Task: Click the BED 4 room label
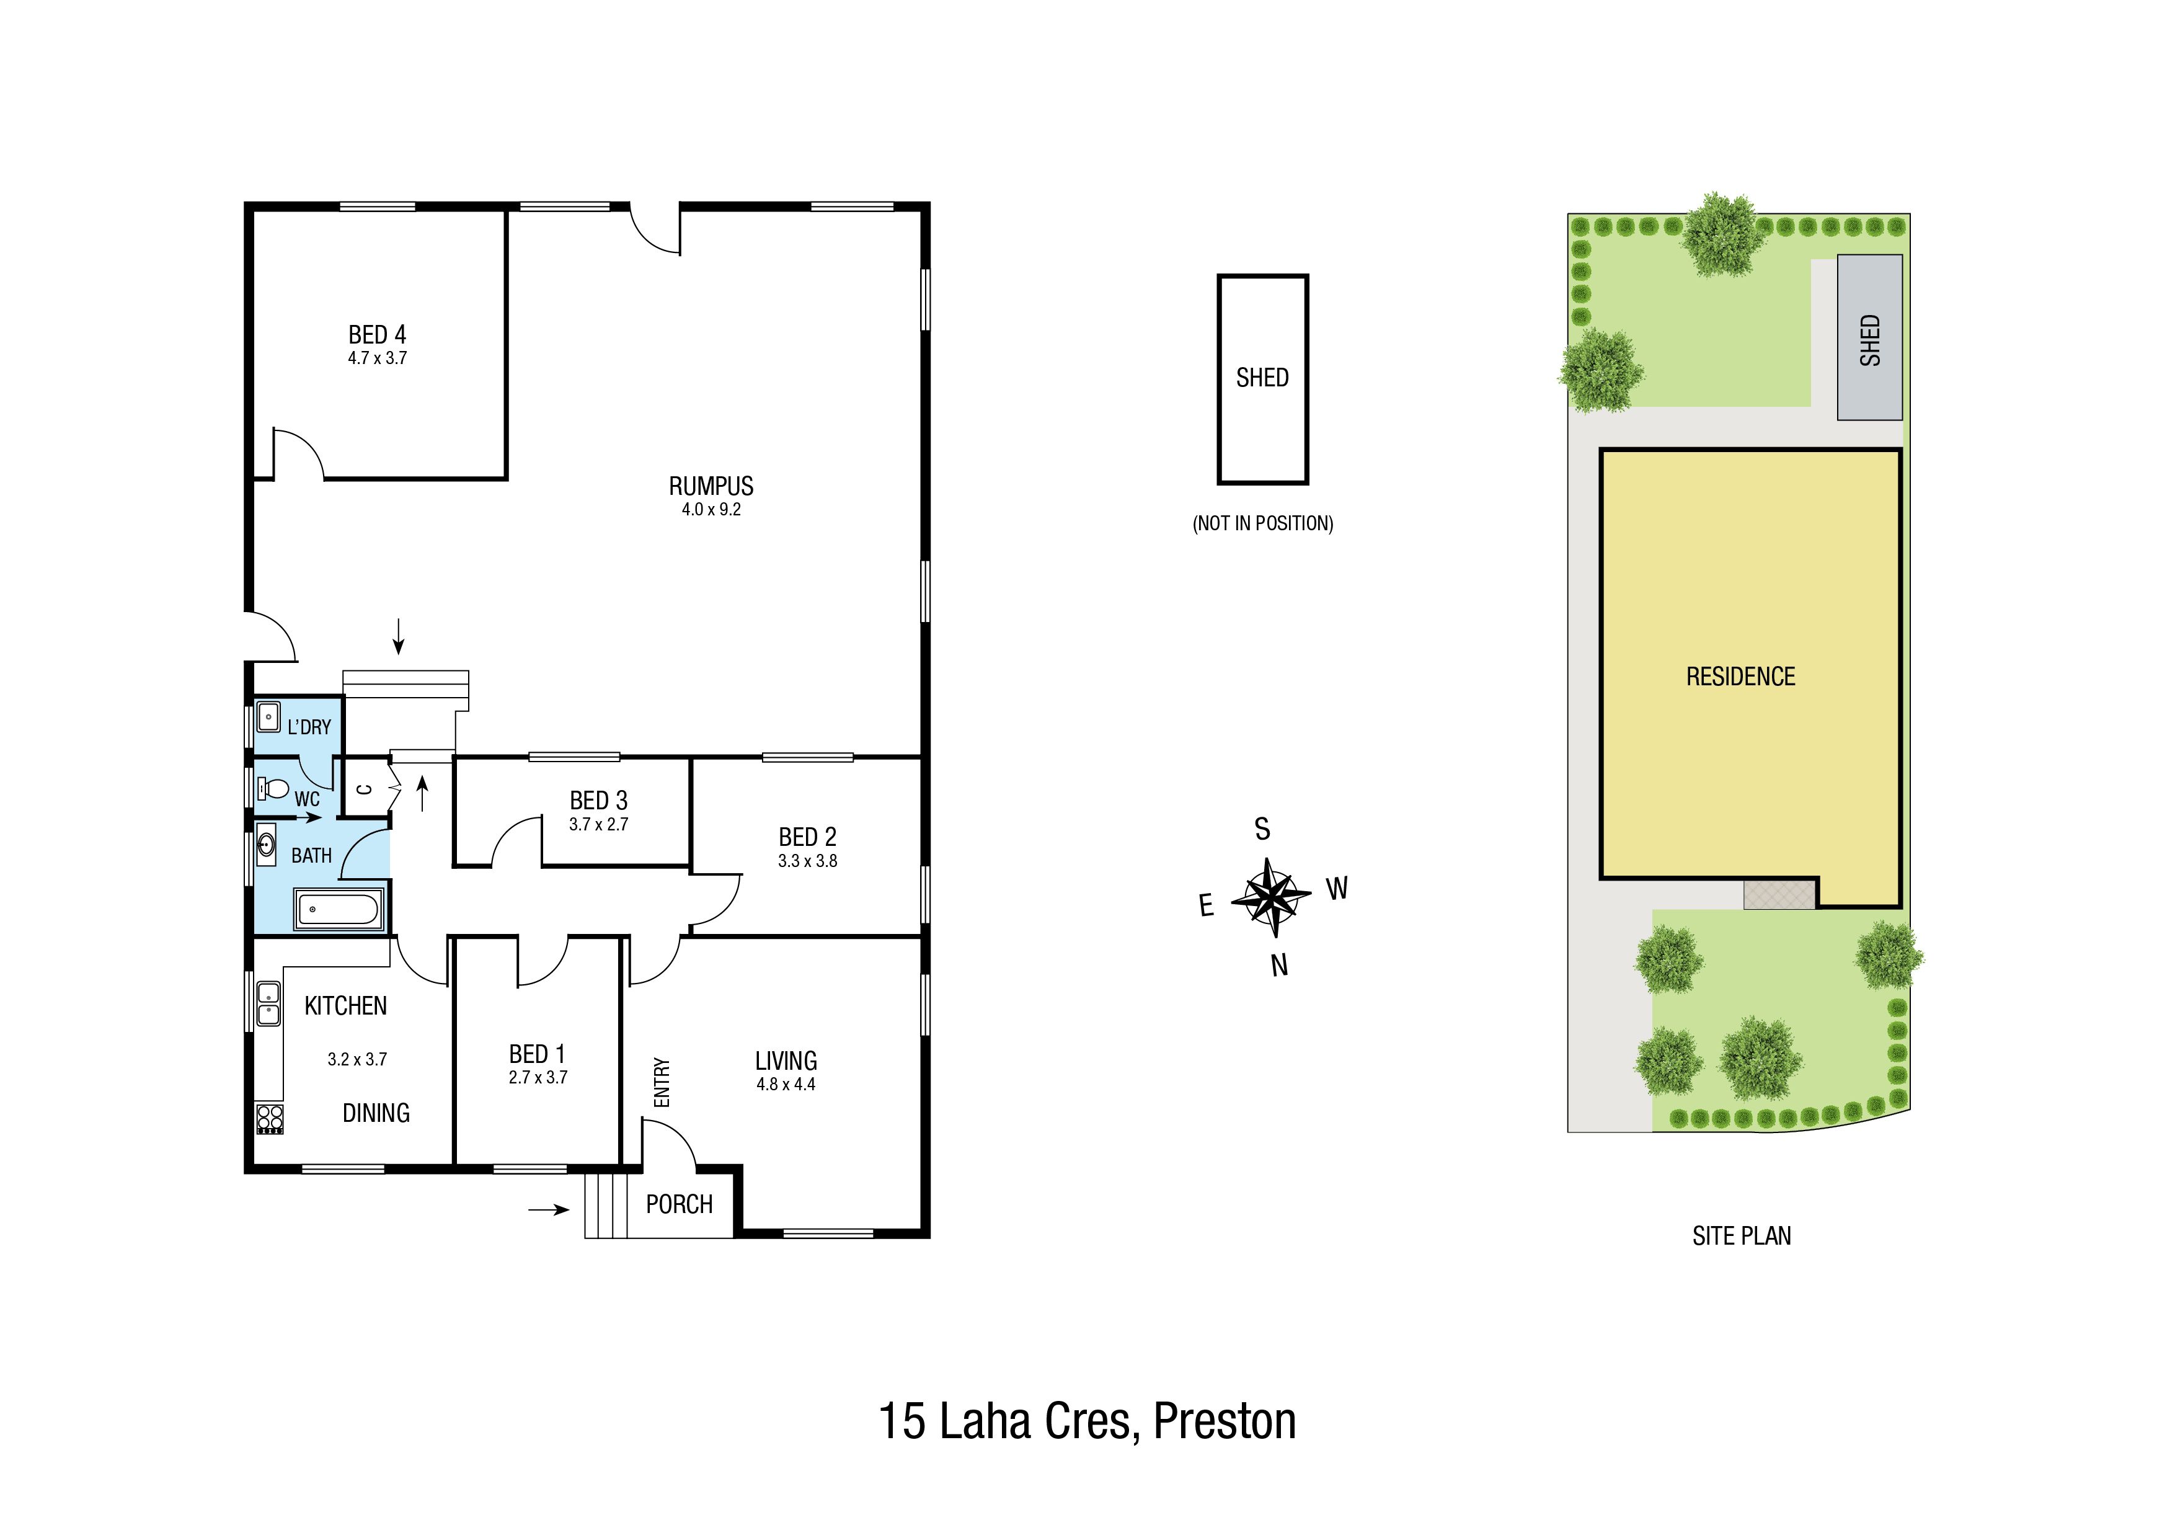377,334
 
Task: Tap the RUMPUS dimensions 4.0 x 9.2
711,510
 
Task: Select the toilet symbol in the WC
273,788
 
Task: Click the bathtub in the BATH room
339,910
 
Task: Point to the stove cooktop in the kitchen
270,1119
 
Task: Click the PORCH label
679,1204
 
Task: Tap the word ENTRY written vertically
662,1082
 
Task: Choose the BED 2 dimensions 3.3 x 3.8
808,861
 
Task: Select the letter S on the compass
1262,829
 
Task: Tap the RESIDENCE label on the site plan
1741,677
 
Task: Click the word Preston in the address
1225,1421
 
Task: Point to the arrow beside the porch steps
549,1209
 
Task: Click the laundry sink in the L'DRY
268,716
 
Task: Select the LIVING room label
786,1060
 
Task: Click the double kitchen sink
269,1003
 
